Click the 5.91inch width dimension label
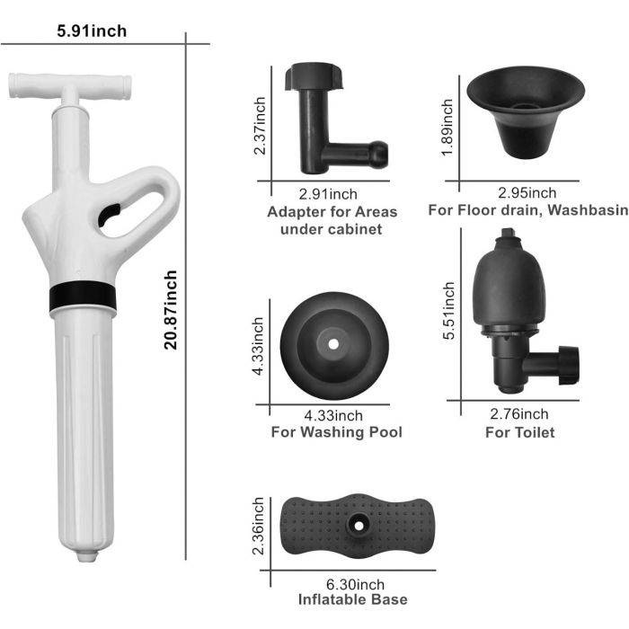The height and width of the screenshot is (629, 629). pos(92,31)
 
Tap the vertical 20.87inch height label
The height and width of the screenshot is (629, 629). pos(171,310)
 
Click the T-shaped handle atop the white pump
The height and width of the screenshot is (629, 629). pos(69,86)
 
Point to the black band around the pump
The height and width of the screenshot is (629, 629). pos(83,296)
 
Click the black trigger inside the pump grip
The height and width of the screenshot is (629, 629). pos(109,214)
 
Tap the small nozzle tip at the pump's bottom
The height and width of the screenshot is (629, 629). pos(88,556)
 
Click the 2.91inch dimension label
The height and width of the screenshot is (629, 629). pos(328,194)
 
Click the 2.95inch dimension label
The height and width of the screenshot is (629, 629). pos(527,193)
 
